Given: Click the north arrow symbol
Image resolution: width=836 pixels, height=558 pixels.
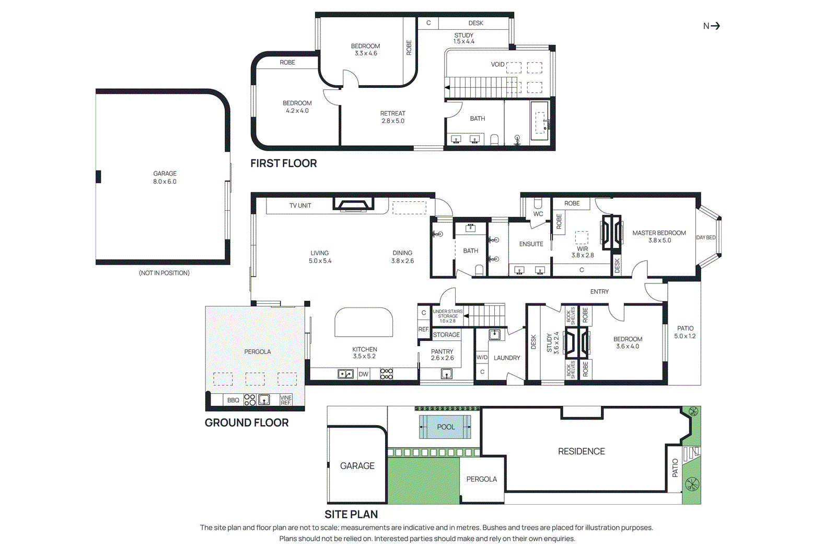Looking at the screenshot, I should tap(711, 26).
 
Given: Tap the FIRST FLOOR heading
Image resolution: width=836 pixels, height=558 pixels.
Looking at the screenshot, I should tap(283, 163).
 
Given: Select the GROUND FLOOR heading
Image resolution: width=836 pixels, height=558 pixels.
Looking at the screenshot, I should tap(246, 423).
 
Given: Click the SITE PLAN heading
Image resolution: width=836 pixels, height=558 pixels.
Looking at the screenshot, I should tap(351, 514).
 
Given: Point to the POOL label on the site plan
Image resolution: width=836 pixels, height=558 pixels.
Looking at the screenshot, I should tap(446, 427).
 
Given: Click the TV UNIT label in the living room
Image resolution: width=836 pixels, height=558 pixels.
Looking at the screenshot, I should tap(300, 206).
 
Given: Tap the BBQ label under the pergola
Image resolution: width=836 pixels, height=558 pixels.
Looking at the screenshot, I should tap(233, 400).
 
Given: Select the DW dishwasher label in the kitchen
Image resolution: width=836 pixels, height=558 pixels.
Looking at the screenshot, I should tap(363, 374).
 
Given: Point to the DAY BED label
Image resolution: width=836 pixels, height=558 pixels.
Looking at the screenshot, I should tap(705, 237).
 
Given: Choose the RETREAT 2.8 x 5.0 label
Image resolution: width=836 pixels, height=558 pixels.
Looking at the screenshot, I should tap(392, 117).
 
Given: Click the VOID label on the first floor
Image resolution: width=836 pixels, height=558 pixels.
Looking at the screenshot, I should tap(497, 64).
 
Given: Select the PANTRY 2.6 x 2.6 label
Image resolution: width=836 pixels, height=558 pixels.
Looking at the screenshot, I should tap(442, 355).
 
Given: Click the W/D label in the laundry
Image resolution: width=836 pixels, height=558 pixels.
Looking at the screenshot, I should tap(482, 357).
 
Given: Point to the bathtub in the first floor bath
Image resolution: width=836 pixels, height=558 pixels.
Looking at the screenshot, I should tap(540, 121).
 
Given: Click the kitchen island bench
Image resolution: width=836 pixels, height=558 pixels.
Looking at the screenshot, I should tap(364, 322).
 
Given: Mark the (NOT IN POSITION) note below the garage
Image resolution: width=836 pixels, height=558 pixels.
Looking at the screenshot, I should tap(164, 273).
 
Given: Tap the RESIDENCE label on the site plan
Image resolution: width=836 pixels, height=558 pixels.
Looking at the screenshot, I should tap(581, 451).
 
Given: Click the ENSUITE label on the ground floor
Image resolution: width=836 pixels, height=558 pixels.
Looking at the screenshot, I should tap(531, 244).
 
